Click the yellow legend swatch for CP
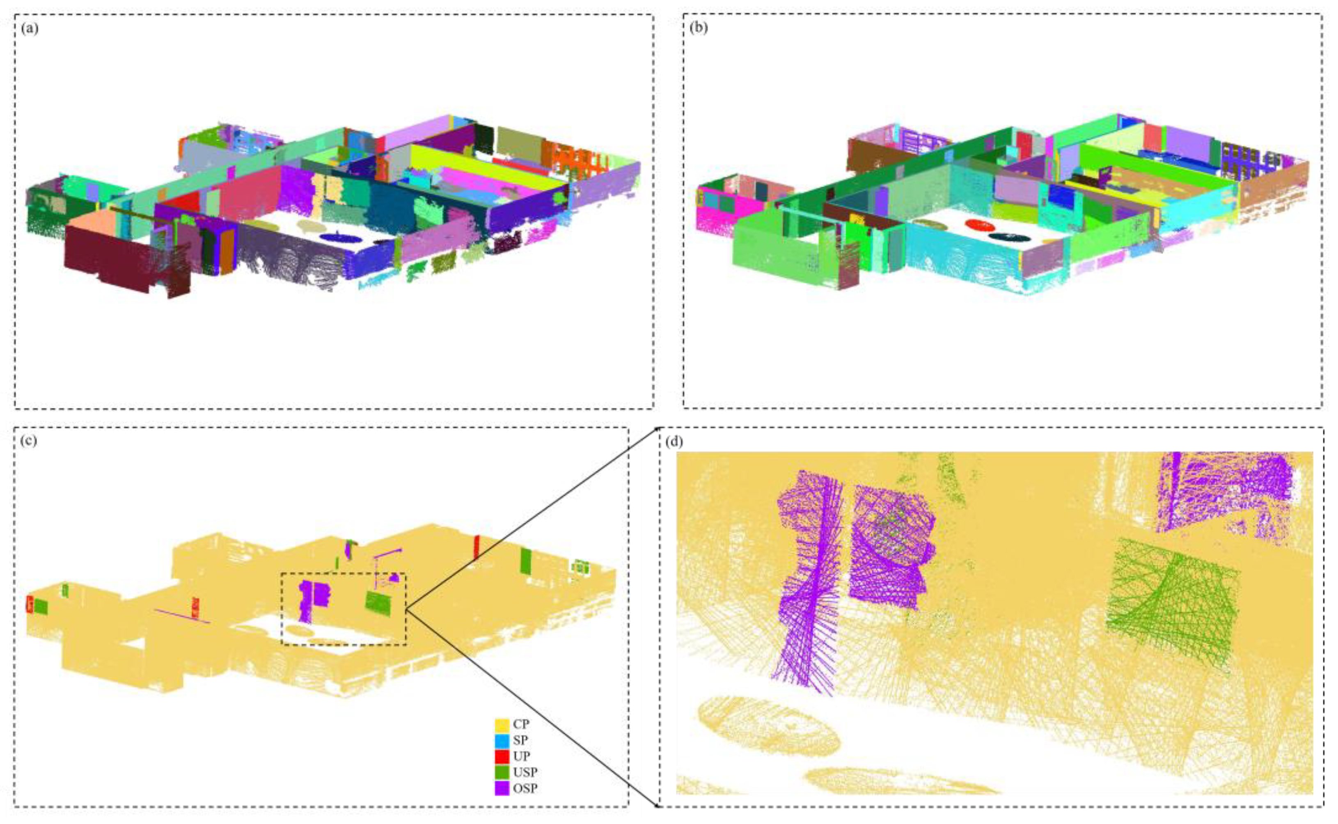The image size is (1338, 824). pyautogui.click(x=502, y=725)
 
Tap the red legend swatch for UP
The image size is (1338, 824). pyautogui.click(x=502, y=756)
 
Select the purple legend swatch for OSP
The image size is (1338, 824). pyautogui.click(x=502, y=788)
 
